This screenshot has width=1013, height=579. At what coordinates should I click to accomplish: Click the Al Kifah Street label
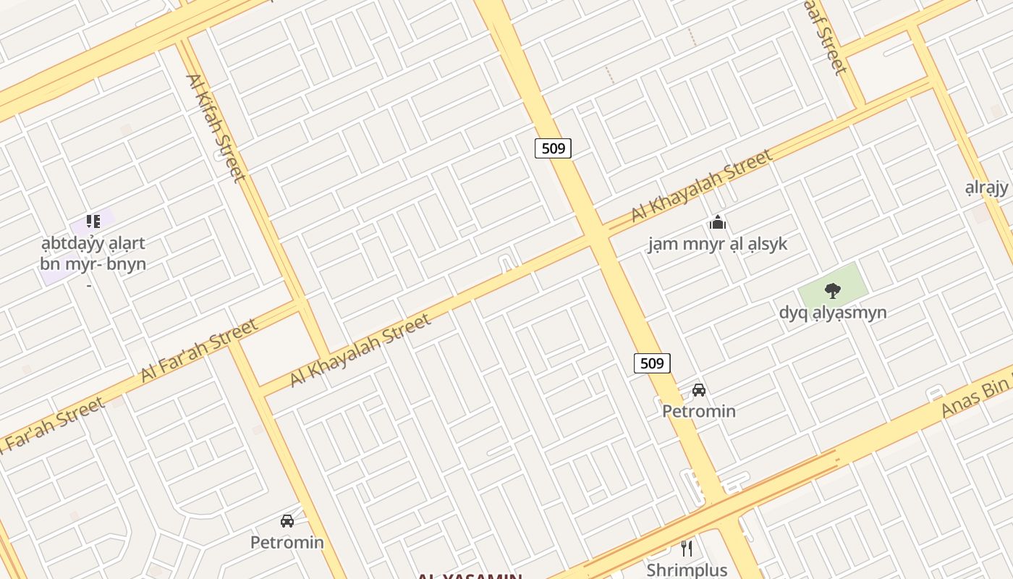click(x=216, y=128)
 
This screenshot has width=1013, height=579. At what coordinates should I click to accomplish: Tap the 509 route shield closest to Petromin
click(x=652, y=363)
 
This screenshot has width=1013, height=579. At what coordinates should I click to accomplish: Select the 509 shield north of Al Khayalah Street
click(x=553, y=148)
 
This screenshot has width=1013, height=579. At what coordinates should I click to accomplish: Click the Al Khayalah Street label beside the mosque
click(x=701, y=185)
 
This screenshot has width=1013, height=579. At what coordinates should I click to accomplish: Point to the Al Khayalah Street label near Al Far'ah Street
click(x=360, y=350)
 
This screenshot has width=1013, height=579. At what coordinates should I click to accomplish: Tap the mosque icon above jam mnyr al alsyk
click(x=717, y=221)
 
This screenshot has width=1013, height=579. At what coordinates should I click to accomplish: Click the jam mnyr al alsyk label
click(x=717, y=244)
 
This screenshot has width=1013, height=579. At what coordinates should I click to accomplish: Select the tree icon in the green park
click(x=833, y=291)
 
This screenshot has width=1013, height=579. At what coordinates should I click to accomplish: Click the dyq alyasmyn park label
click(x=833, y=313)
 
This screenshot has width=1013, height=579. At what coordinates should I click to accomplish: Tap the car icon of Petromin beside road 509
click(x=698, y=390)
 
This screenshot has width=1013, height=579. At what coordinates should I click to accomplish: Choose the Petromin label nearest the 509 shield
click(x=699, y=411)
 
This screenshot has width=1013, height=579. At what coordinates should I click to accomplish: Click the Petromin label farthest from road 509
click(x=287, y=542)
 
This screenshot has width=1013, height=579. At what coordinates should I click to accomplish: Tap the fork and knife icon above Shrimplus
click(x=687, y=548)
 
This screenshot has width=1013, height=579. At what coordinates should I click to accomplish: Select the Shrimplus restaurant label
click(x=687, y=570)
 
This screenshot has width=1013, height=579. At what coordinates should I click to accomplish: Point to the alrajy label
click(x=986, y=188)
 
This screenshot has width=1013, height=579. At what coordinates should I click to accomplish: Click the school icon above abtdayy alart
click(x=93, y=221)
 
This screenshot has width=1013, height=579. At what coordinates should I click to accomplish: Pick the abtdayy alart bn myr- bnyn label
click(x=93, y=253)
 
